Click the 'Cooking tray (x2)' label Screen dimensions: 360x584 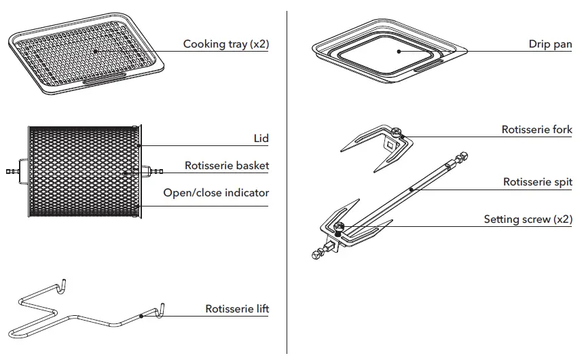(x=225, y=44)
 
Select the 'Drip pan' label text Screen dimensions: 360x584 (x=550, y=44)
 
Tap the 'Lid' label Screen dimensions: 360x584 (x=261, y=139)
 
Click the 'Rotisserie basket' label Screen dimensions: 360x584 (x=227, y=166)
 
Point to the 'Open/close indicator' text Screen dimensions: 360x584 (x=216, y=193)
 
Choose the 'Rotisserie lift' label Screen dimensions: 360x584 (x=237, y=309)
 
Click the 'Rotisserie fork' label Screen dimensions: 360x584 (x=536, y=130)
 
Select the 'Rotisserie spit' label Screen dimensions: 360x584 (x=537, y=182)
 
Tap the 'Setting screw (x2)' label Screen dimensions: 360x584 (x=528, y=219)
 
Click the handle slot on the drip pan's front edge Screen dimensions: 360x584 (x=428, y=67)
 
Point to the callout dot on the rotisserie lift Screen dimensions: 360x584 (x=141, y=316)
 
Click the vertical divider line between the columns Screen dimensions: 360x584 (x=287, y=183)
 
